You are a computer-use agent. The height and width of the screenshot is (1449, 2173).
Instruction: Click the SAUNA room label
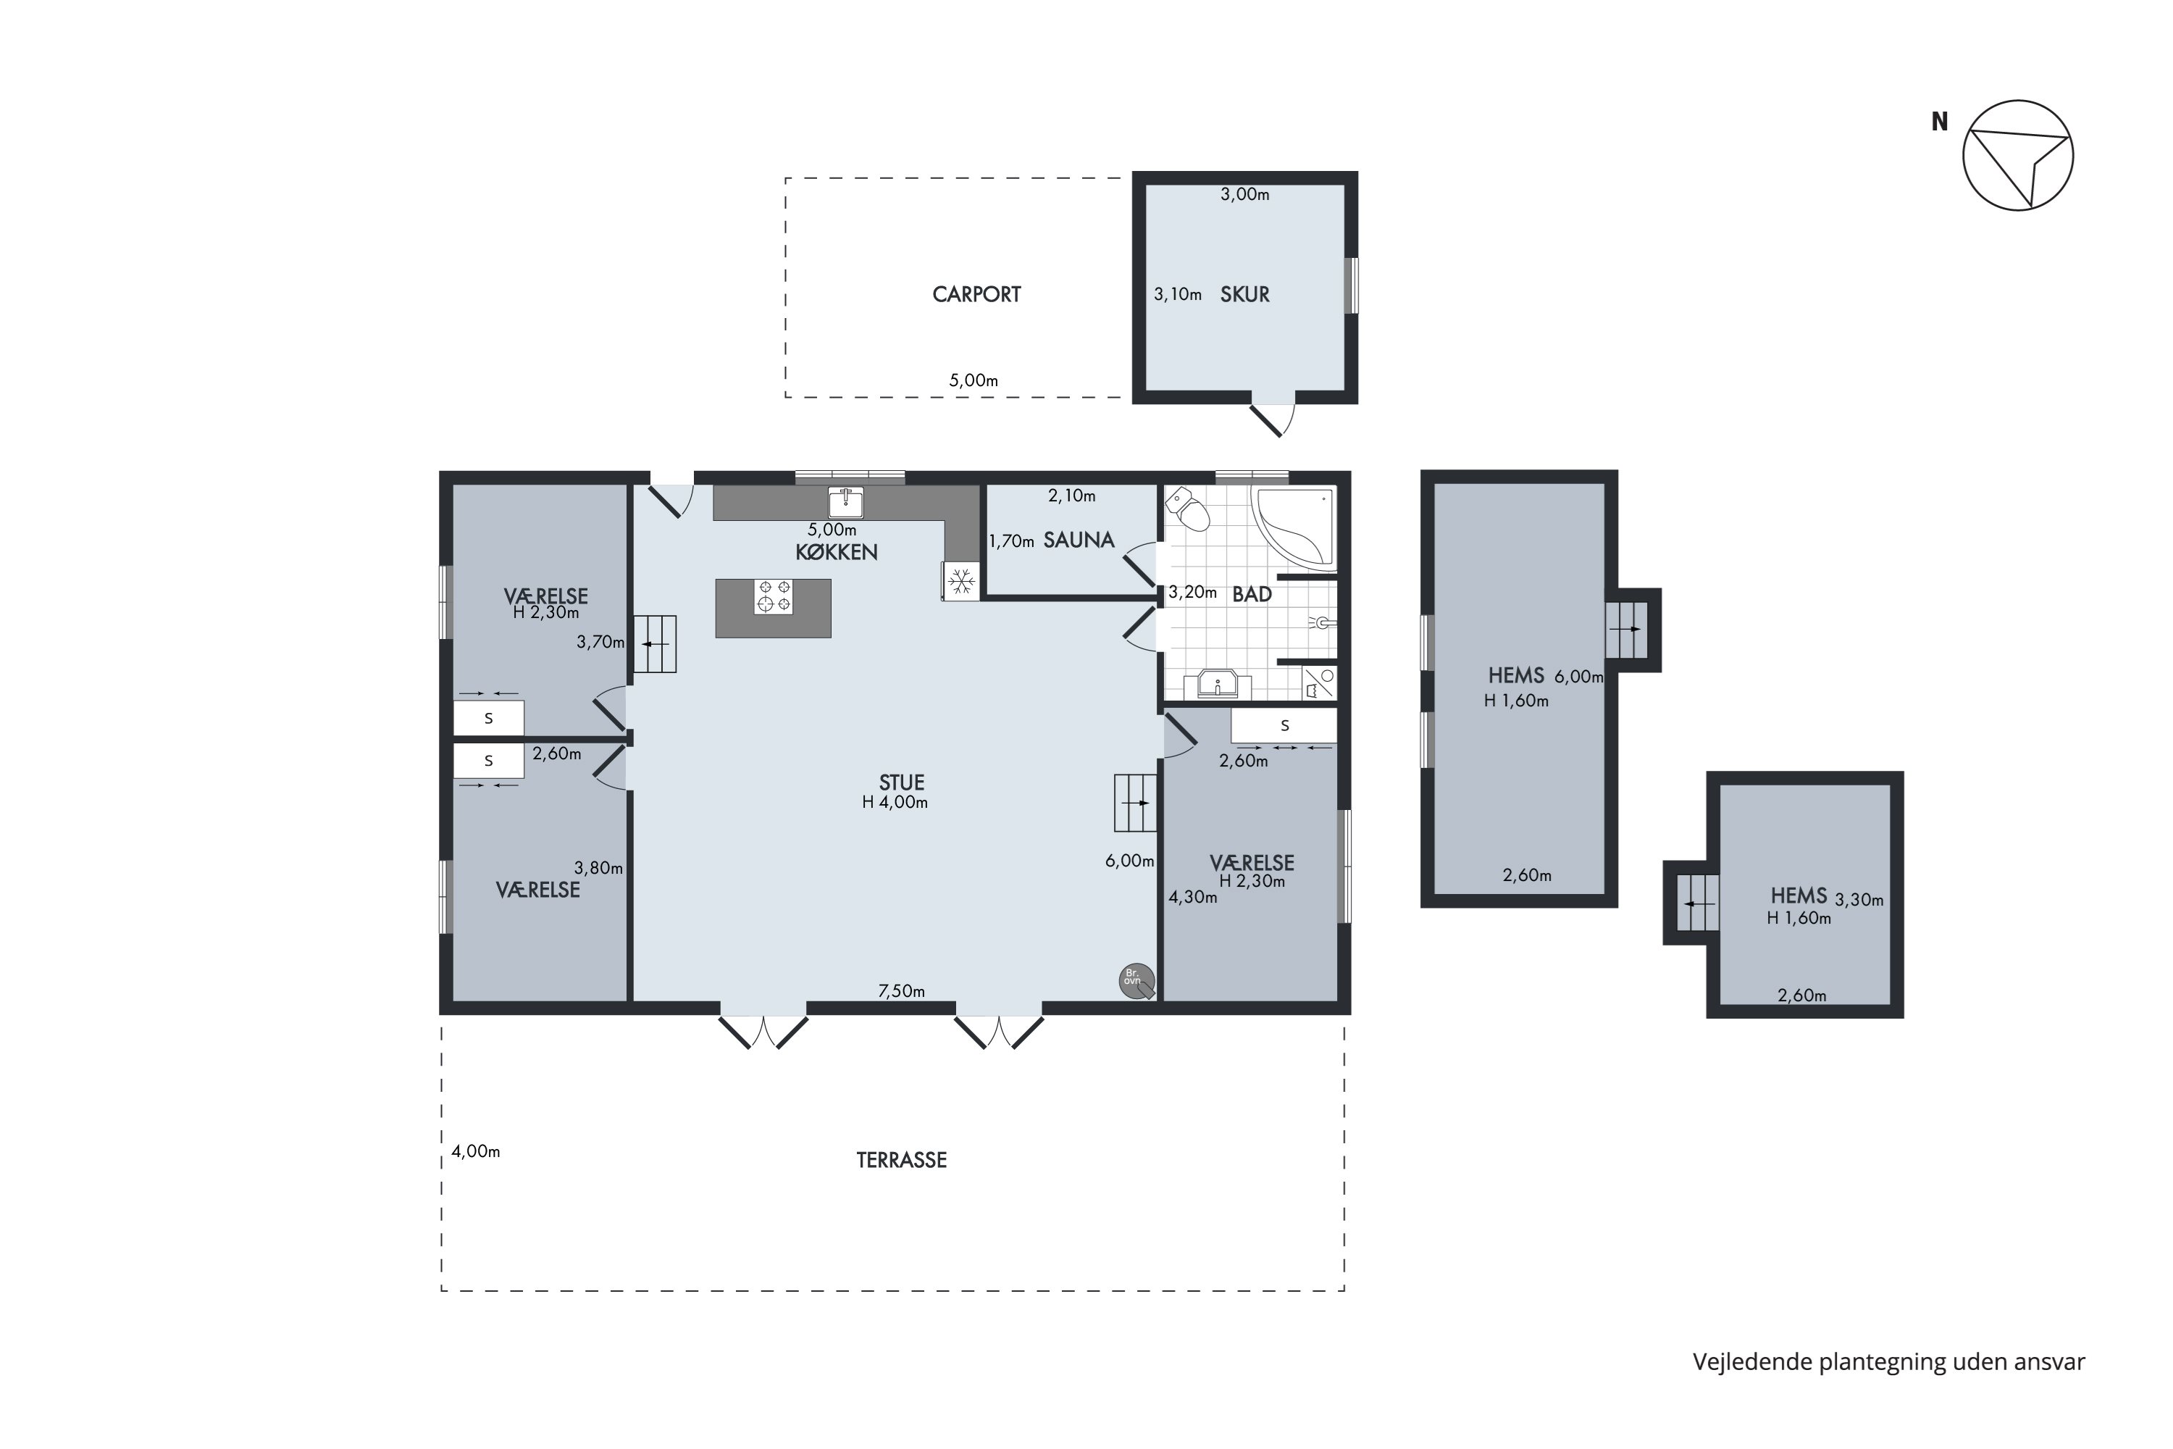click(x=1079, y=540)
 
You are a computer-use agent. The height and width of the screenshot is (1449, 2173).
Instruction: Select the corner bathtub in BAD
click(x=1294, y=527)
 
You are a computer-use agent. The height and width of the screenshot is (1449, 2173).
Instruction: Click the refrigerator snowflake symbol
click(x=961, y=581)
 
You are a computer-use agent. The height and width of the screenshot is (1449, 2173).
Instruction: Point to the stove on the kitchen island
click(x=774, y=596)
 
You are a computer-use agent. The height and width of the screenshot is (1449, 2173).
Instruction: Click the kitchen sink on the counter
click(x=845, y=503)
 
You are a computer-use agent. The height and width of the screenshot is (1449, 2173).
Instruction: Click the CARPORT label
click(x=976, y=295)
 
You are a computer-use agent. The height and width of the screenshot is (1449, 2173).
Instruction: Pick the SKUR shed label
click(x=1244, y=295)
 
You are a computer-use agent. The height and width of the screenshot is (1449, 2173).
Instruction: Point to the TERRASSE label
click(x=902, y=1161)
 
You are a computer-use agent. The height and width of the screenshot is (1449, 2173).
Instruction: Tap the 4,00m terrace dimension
click(x=476, y=1151)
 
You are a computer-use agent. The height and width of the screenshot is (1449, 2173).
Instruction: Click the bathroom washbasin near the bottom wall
click(x=1218, y=685)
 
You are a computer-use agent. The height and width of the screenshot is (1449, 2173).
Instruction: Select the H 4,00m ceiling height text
click(x=895, y=803)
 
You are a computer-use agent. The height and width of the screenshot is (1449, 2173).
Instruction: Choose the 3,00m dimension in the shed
click(x=1245, y=195)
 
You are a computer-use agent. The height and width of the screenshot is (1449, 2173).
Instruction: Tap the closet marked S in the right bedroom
click(x=1284, y=725)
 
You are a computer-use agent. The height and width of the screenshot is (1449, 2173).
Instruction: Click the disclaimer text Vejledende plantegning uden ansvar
click(x=1889, y=1362)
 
